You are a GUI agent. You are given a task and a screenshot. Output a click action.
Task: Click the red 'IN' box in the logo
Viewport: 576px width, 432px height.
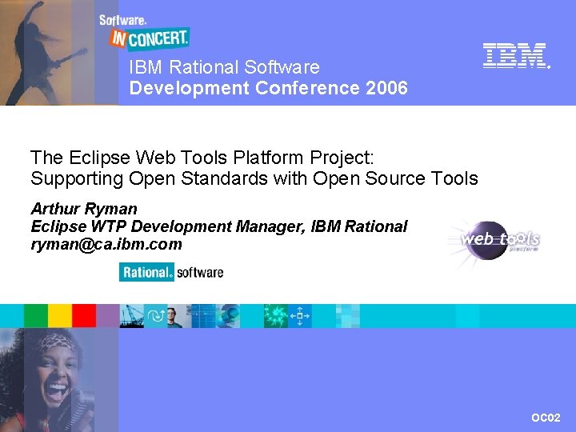pyautogui.click(x=118, y=37)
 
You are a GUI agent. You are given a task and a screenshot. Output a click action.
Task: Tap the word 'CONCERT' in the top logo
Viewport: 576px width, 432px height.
pyautogui.click(x=158, y=37)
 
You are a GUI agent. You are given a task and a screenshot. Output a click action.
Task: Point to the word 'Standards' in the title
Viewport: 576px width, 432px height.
pyautogui.click(x=230, y=178)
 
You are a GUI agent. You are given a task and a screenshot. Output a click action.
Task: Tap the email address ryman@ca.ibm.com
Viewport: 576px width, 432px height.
pyautogui.click(x=106, y=245)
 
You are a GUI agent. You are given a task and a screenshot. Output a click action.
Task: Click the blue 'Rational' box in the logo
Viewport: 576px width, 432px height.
pyautogui.click(x=146, y=273)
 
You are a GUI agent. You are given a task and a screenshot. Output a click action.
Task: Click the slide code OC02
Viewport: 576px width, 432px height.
pyautogui.click(x=546, y=418)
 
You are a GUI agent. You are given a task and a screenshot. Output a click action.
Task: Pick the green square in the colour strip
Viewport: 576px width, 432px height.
pyautogui.click(x=36, y=316)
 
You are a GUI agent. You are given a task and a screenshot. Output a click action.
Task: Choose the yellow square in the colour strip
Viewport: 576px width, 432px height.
pyautogui.click(x=60, y=316)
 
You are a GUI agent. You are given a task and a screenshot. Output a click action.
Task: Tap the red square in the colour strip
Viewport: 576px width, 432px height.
pyautogui.click(x=84, y=316)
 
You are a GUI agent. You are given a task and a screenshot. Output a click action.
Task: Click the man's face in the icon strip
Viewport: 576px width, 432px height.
pyautogui.click(x=175, y=317)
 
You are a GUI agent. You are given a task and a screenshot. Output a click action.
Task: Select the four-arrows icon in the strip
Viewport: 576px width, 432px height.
pyautogui.click(x=300, y=316)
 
